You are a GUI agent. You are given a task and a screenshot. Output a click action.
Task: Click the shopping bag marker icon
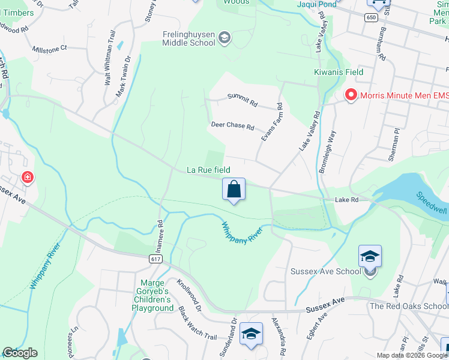click(234, 190)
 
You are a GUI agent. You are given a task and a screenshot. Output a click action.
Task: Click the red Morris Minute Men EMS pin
click(350, 95)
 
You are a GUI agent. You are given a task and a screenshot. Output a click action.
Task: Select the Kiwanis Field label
click(339, 72)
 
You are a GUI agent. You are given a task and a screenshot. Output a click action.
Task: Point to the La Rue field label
click(208, 170)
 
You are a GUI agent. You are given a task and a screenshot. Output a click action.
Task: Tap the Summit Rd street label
click(242, 100)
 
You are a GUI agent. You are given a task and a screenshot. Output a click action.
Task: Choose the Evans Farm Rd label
click(271, 122)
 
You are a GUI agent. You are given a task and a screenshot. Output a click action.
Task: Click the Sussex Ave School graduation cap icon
click(370, 256)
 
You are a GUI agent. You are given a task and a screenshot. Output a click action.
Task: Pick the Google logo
click(20, 353)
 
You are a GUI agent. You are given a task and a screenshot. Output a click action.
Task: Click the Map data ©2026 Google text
click(411, 355)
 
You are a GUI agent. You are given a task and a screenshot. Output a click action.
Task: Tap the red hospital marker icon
click(27, 178)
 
